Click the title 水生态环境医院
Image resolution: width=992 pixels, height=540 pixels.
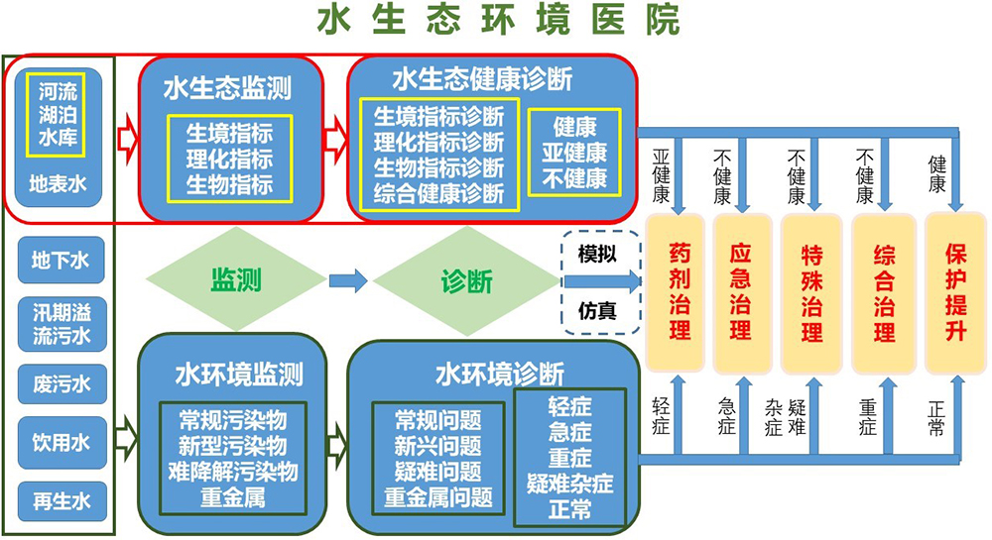[499, 20]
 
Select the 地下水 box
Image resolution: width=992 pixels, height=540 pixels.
[61, 260]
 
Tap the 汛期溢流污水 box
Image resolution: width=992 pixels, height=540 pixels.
[62, 323]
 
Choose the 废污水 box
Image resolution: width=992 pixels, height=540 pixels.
[62, 383]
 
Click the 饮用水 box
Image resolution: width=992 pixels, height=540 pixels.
[62, 442]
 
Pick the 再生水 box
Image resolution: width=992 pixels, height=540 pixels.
[62, 500]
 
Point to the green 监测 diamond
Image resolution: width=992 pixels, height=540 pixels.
[236, 279]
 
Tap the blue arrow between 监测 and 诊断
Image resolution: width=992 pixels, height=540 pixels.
[348, 280]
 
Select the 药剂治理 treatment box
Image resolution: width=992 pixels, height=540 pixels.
[677, 293]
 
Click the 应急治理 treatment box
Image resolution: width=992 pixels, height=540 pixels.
[741, 293]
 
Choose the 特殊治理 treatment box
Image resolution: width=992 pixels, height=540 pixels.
[811, 293]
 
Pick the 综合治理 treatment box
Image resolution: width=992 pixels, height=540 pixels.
[884, 293]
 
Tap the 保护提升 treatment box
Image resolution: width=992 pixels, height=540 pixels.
[955, 293]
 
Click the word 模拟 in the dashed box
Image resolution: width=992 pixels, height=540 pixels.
[597, 254]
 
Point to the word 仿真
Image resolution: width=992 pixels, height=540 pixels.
[597, 311]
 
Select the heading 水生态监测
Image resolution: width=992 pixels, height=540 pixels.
[228, 88]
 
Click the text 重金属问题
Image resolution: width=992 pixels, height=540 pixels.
[437, 497]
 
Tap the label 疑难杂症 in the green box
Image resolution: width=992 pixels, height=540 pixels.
[570, 484]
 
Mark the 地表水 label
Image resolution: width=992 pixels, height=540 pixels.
[59, 183]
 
